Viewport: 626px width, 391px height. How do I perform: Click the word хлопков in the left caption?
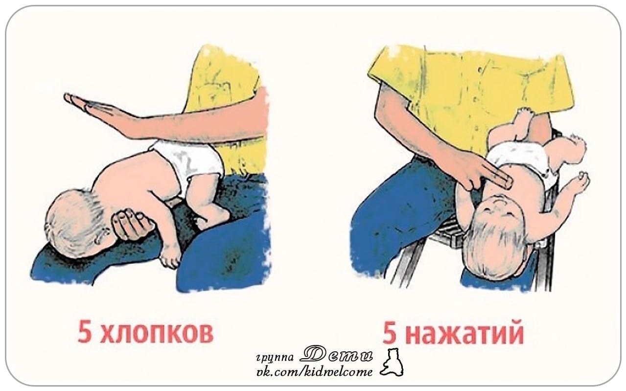[x=157, y=333]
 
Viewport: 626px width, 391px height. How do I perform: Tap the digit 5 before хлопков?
[x=85, y=332]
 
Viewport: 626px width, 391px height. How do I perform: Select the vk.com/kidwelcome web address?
[x=315, y=371]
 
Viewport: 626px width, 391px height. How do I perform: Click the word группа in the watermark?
[x=275, y=357]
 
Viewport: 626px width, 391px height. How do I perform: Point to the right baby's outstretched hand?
[x=580, y=181]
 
